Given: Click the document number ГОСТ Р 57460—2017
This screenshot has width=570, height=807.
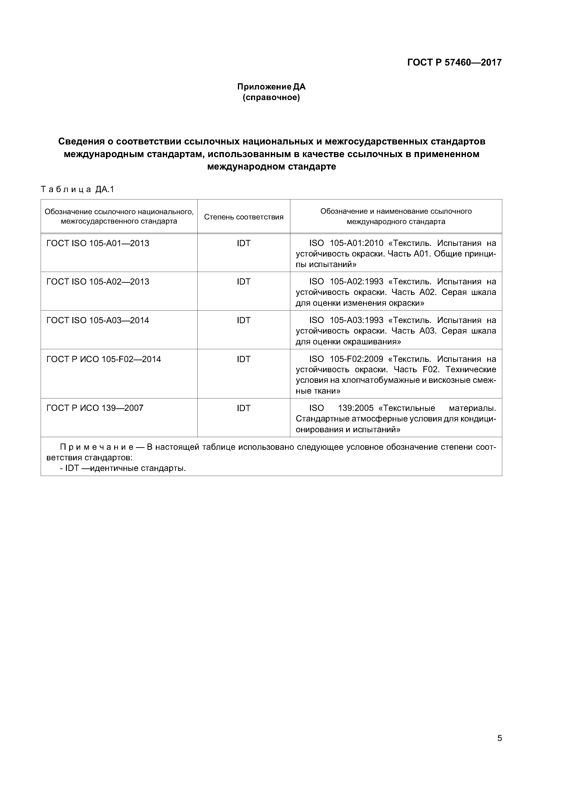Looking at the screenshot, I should click(x=454, y=63).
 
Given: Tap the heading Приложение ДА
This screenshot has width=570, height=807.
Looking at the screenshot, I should click(x=271, y=86).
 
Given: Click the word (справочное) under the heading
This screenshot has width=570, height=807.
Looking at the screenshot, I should click(x=271, y=97).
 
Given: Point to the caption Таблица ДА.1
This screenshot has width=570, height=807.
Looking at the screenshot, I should click(x=78, y=190).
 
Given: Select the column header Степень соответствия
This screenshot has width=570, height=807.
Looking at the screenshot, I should click(x=243, y=217).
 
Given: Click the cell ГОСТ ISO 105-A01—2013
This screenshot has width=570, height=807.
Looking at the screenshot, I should click(x=98, y=243).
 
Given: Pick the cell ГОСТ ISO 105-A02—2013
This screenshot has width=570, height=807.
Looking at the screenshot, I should click(x=98, y=282).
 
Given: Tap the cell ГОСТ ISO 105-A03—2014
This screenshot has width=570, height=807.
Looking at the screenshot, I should click(x=98, y=320).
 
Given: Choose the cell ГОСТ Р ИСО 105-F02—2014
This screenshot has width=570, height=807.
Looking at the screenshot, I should click(x=104, y=359).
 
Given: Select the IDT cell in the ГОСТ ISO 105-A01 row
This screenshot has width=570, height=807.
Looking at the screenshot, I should click(x=243, y=243).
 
